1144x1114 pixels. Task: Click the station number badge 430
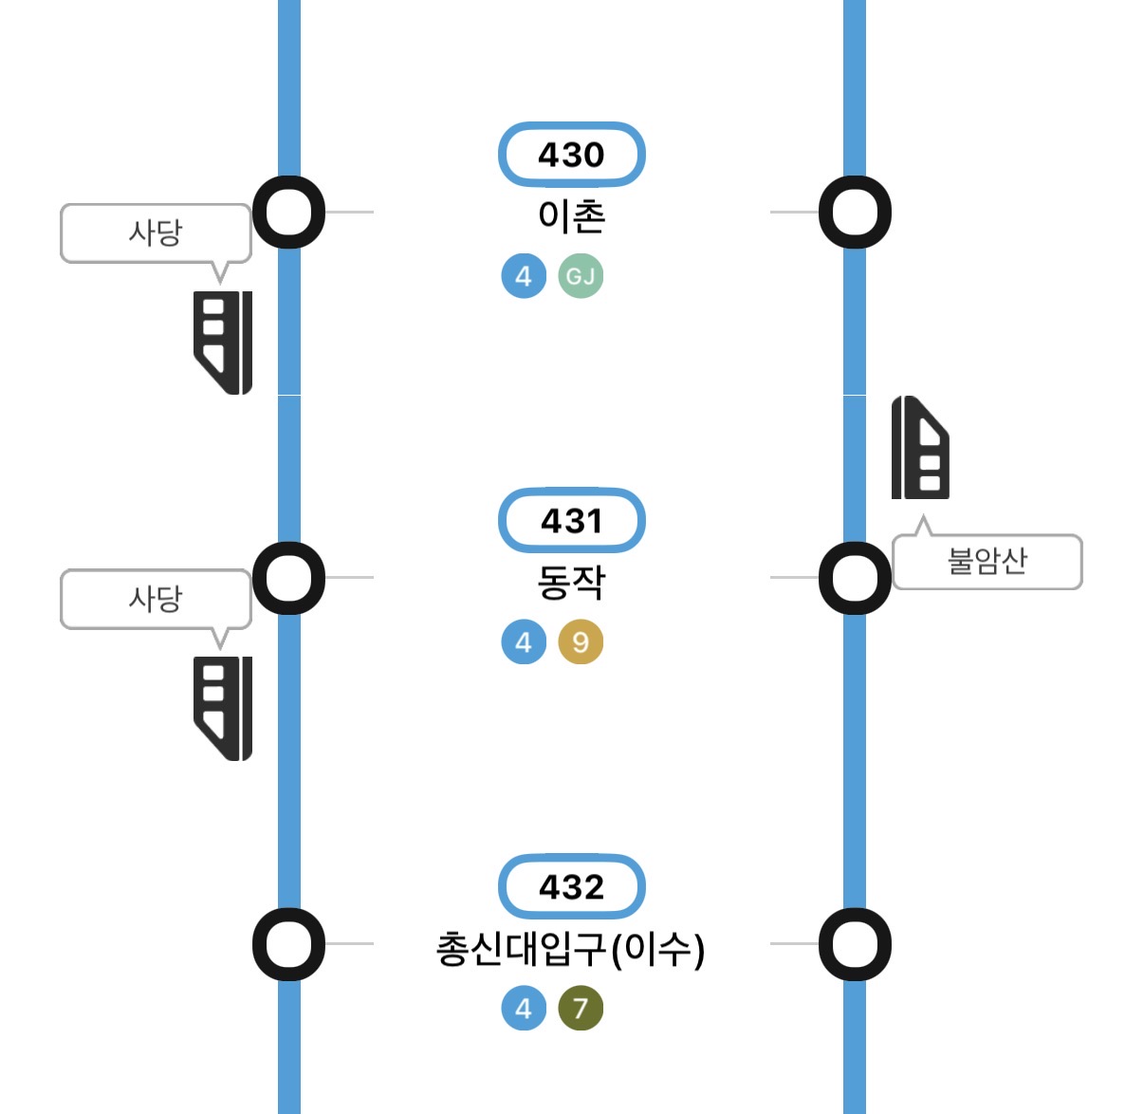571,155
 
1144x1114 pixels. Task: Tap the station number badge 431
571,521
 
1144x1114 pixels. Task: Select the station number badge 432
571,887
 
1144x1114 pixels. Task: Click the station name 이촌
571,216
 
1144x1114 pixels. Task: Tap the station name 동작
571,582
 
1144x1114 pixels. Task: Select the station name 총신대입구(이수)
570,948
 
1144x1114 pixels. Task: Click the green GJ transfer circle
581,276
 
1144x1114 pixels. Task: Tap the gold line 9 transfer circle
581,642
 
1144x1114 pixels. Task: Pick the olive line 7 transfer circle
581,1008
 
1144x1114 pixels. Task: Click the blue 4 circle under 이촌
524,276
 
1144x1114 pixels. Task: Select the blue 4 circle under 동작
524,642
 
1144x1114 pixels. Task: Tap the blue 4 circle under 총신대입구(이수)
524,1008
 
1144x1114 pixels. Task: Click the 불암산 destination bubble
987,561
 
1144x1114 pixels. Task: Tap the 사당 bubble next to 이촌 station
156,232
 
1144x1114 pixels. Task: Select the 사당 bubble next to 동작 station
156,599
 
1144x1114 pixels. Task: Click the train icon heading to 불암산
920,448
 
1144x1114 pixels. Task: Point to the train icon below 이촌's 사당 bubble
223,343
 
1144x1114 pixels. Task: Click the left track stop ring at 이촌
288,212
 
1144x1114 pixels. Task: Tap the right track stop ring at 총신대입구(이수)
855,944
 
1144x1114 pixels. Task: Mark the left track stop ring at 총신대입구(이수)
288,944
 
